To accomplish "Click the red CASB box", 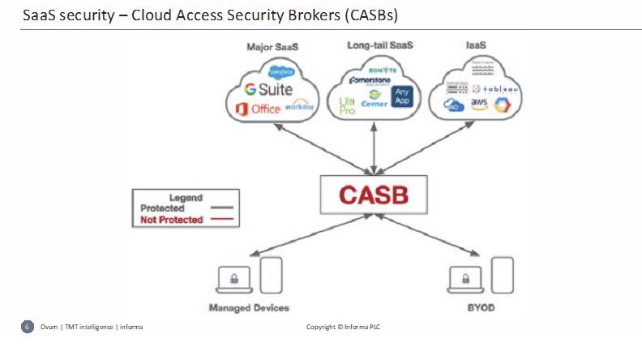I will click(373, 195).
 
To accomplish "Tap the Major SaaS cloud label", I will click(272, 47).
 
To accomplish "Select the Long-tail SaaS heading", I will click(379, 45).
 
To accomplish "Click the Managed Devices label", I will click(249, 308).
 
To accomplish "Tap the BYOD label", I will click(481, 308).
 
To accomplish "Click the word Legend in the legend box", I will click(186, 197).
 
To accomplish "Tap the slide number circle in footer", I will click(27, 327).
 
